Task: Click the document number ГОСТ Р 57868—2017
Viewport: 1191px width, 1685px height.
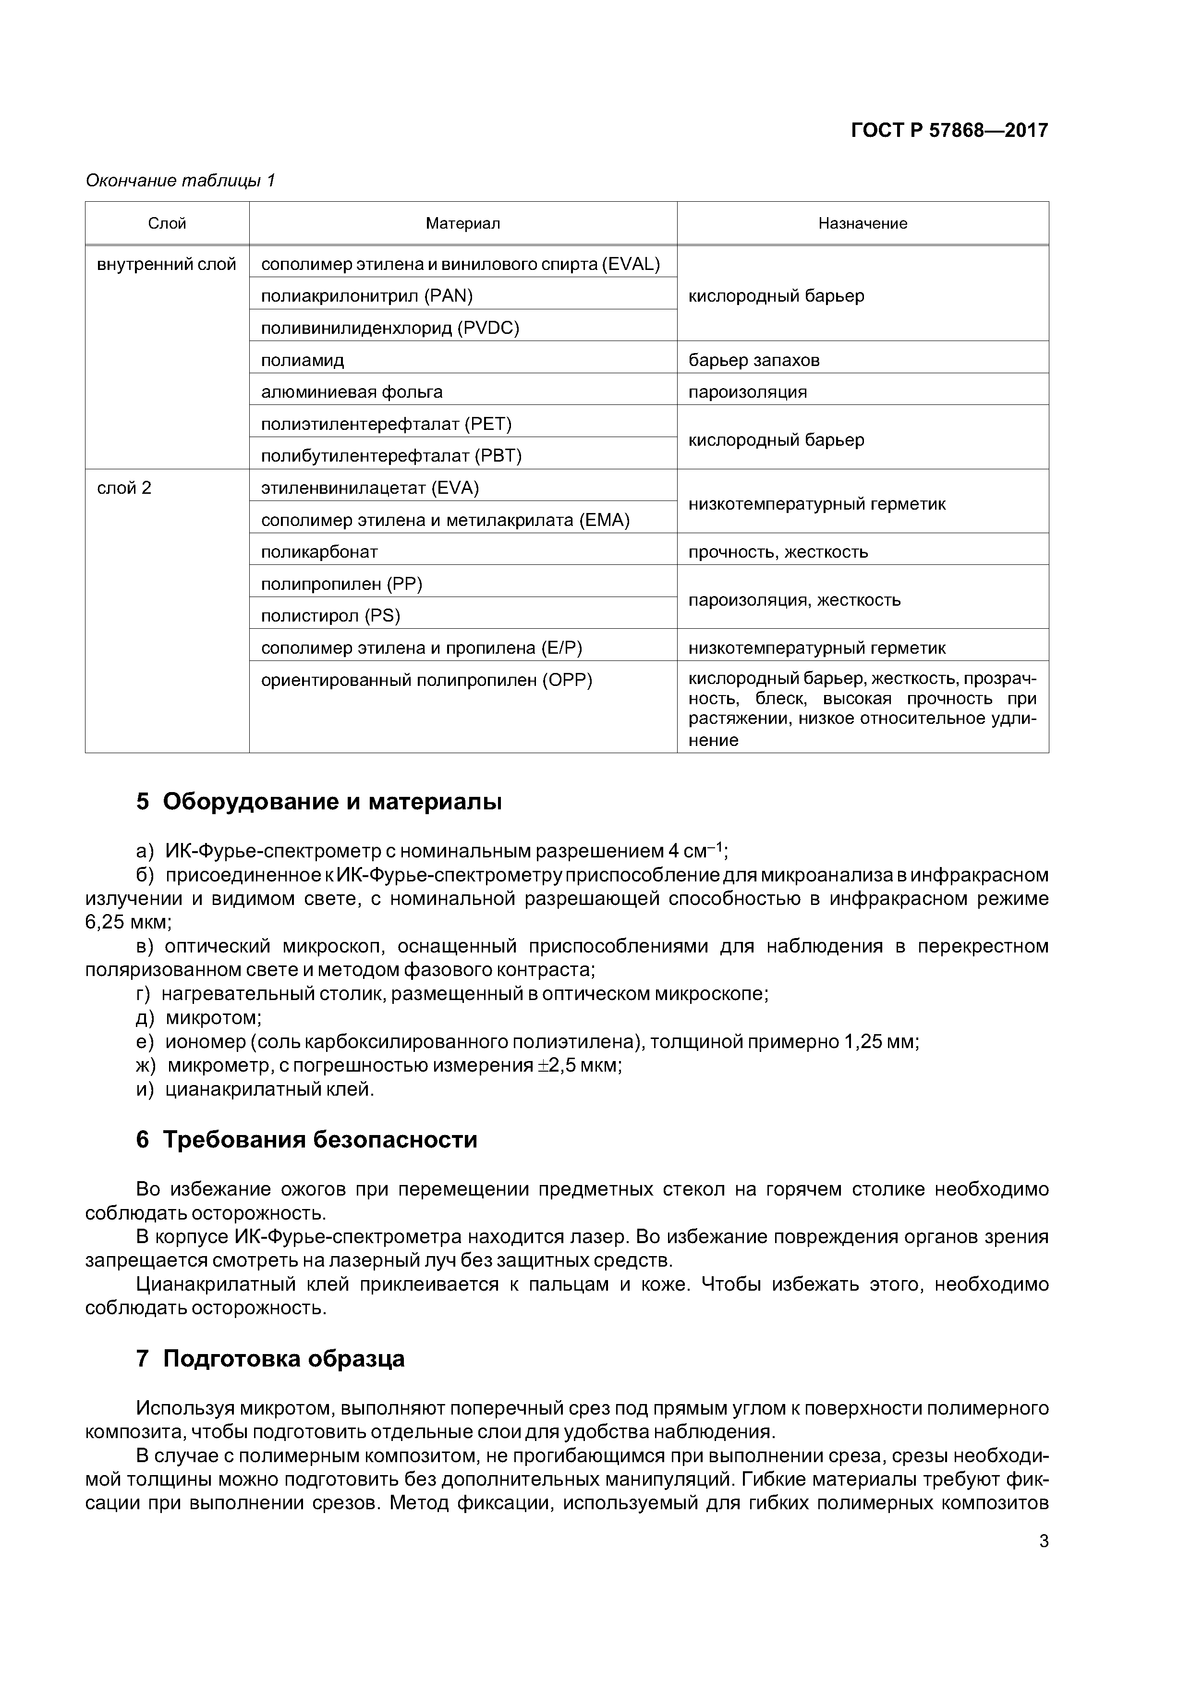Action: tap(949, 131)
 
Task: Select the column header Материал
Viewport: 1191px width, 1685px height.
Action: tap(462, 223)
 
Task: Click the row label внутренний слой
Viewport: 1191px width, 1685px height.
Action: tap(167, 264)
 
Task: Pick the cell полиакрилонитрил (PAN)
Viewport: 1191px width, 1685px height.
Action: tap(367, 296)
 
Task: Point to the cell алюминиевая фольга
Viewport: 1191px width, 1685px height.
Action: tap(352, 392)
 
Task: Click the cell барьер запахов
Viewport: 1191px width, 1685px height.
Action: tap(753, 360)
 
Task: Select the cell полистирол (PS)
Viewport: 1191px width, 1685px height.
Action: tap(330, 616)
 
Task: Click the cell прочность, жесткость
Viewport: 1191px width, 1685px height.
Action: tap(778, 552)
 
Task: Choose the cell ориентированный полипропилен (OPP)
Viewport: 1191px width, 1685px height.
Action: tap(426, 680)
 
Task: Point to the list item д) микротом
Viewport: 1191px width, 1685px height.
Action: tap(199, 1018)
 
